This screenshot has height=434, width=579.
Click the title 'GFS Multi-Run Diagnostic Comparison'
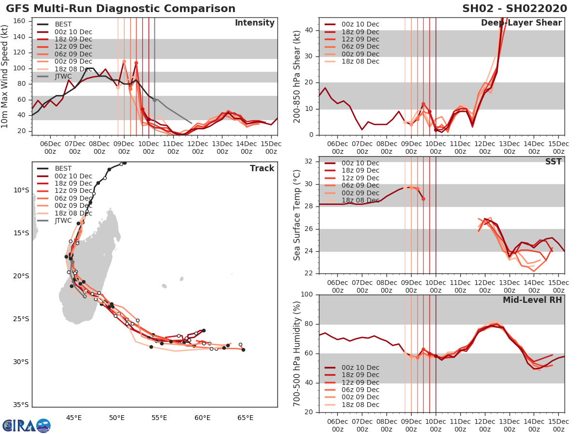coord(121,9)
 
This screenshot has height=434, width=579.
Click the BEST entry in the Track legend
coord(63,168)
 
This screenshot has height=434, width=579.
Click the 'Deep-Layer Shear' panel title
coord(521,23)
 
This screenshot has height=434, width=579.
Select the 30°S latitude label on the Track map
coord(21,362)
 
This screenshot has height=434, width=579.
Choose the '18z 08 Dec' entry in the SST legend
coord(359,200)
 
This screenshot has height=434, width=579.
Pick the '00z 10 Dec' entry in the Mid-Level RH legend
coord(359,367)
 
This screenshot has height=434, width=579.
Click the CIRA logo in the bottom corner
coord(26,425)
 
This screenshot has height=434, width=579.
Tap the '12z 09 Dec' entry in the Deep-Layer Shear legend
coord(359,39)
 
